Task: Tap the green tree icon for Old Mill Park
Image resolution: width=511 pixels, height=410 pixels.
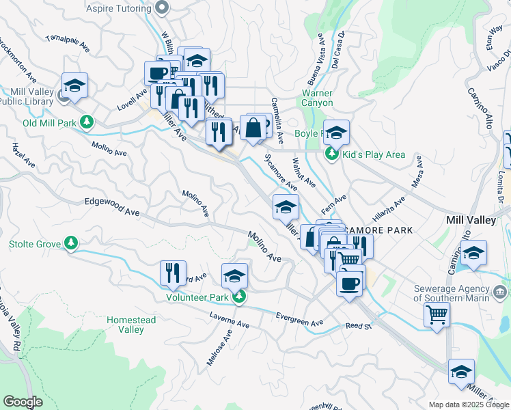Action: point(87,122)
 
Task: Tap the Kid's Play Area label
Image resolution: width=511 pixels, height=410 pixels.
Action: point(374,154)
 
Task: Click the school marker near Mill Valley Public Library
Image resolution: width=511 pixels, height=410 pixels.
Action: point(74,85)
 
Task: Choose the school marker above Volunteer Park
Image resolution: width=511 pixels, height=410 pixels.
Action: point(234,275)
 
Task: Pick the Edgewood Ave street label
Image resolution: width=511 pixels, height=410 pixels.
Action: point(111,207)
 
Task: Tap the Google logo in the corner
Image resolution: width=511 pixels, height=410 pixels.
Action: point(23,401)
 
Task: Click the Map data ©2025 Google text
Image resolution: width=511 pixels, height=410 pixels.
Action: point(469,405)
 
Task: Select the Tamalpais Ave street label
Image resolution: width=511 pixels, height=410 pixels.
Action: point(68,43)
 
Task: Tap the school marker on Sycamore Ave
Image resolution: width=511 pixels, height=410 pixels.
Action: point(286,207)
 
